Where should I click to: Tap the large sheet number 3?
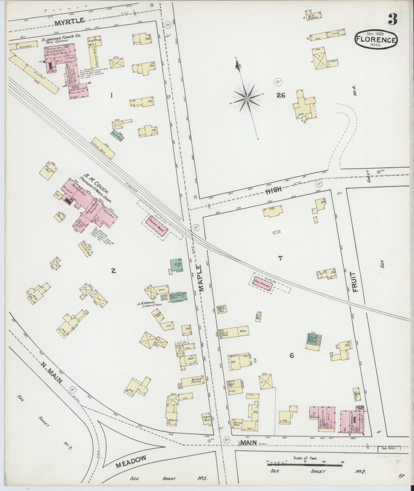click(x=393, y=19)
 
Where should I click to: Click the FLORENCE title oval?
click(x=376, y=40)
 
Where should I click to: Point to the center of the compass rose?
click(x=246, y=99)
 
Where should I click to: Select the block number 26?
click(x=281, y=95)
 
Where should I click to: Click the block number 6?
click(x=292, y=356)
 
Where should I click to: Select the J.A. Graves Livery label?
click(x=151, y=303)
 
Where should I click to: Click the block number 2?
click(x=113, y=270)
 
